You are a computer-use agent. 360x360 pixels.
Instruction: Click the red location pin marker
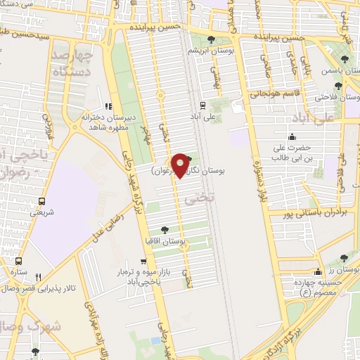click(x=181, y=165)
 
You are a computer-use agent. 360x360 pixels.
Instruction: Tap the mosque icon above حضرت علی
click(x=292, y=136)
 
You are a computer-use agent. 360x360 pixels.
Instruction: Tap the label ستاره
click(x=17, y=271)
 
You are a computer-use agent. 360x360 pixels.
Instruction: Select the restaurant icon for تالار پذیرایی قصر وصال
click(x=39, y=276)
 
